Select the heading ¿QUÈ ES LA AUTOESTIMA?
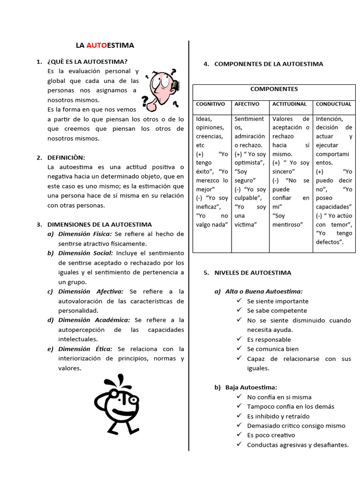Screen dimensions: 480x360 pyautogui.click(x=87, y=61)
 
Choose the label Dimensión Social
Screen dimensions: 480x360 pyautogui.click(x=86, y=253)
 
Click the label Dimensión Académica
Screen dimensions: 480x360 pyautogui.click(x=94, y=320)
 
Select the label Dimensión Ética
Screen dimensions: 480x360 pyautogui.click(x=85, y=349)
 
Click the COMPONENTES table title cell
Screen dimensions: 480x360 pyautogui.click(x=274, y=89)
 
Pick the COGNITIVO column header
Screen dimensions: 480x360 pyautogui.click(x=210, y=104)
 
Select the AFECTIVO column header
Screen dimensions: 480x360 pyautogui.click(x=247, y=104)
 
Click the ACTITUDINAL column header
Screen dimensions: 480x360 pyautogui.click(x=289, y=104)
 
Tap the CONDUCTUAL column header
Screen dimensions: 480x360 pyautogui.click(x=333, y=104)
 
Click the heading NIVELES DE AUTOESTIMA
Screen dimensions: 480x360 pyautogui.click(x=253, y=272)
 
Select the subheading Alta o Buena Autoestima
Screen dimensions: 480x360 pyautogui.click(x=264, y=292)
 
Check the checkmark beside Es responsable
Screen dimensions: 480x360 pyautogui.click(x=240, y=339)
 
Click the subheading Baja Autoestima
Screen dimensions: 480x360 pyautogui.click(x=251, y=387)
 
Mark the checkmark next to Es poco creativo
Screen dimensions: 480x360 pyautogui.click(x=240, y=435)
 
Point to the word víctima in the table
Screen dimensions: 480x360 pyautogui.click(x=246, y=225)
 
